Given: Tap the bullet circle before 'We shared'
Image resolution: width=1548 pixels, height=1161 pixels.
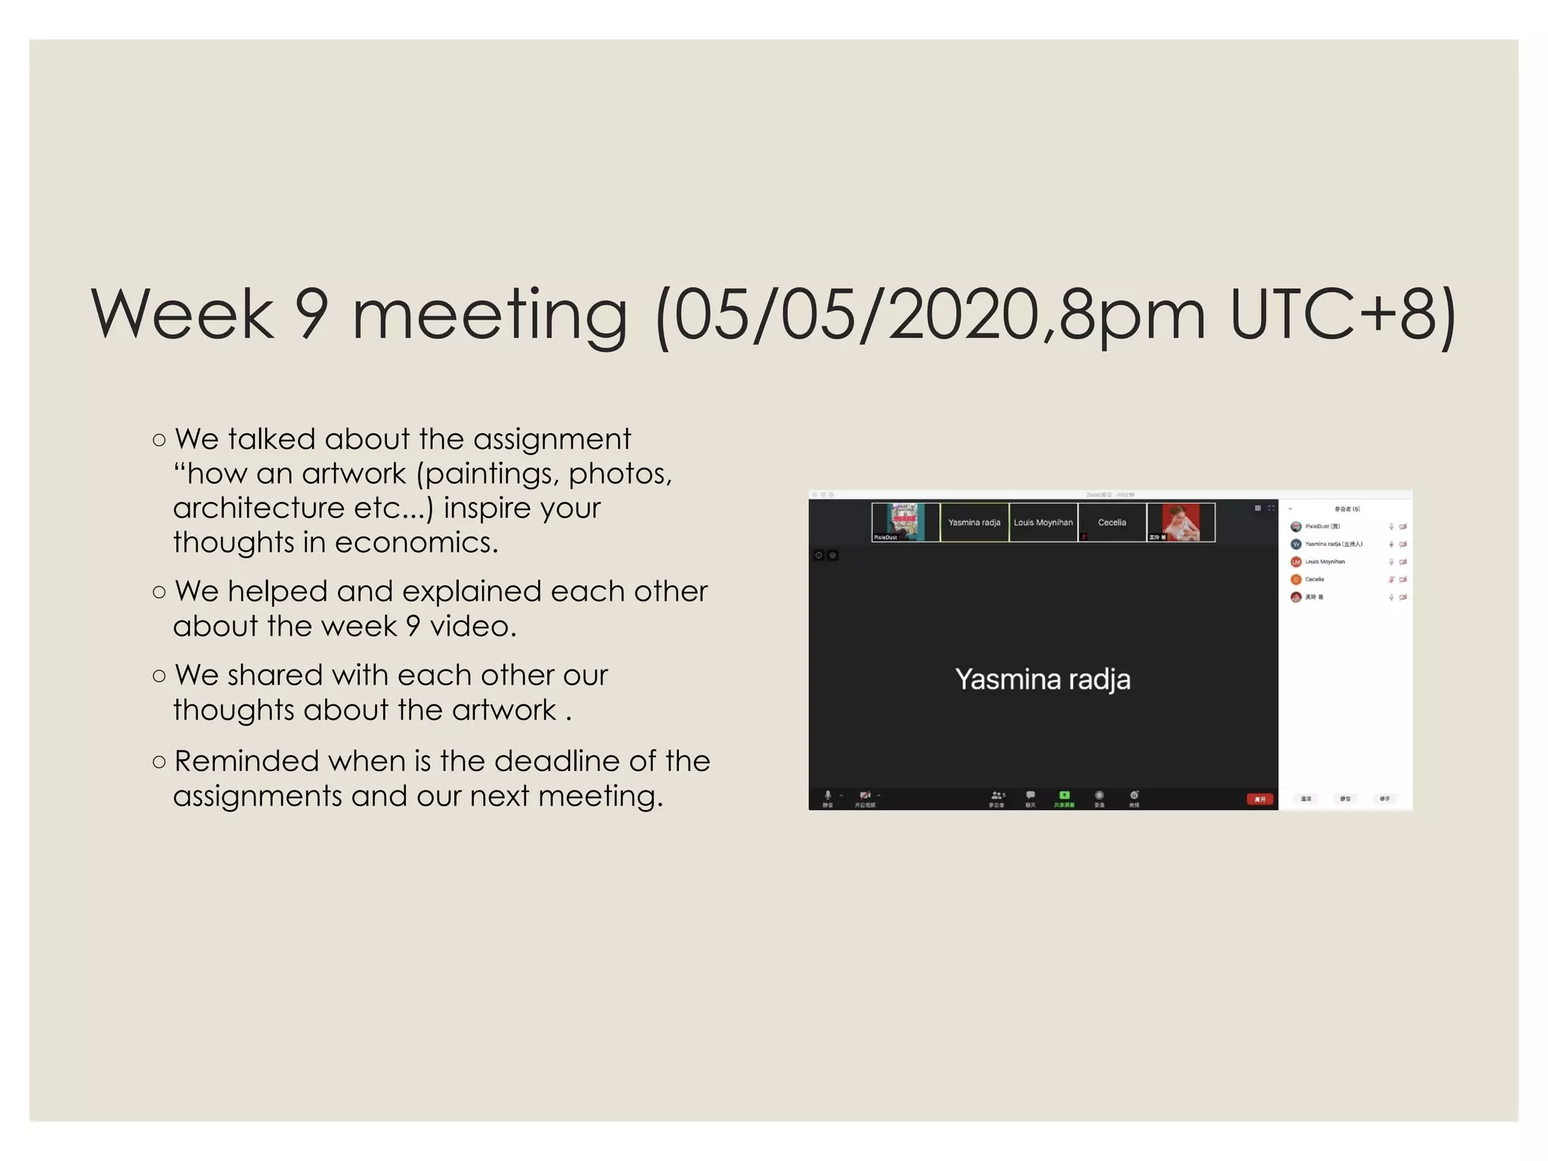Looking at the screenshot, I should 159,676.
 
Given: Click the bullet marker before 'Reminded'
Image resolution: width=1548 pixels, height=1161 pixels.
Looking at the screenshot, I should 159,762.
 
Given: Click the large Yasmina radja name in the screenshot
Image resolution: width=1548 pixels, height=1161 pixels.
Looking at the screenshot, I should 1042,680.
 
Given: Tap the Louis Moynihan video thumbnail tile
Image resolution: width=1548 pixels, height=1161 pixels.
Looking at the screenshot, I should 1043,522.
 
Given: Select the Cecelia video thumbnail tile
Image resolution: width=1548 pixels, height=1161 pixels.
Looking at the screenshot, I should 1112,522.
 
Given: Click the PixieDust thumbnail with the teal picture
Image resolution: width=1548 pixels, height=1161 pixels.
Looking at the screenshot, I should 905,522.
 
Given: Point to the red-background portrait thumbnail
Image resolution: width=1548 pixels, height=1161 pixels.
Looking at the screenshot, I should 1181,522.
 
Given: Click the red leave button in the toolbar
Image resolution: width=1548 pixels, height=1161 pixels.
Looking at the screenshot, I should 1259,799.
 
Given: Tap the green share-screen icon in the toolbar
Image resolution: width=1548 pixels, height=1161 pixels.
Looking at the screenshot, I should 1064,795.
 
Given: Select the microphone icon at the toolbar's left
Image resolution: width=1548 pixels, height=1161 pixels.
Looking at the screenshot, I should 828,795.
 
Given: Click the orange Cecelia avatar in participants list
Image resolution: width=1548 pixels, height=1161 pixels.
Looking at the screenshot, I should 1296,580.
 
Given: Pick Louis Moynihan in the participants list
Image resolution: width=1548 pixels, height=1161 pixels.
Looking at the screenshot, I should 1324,562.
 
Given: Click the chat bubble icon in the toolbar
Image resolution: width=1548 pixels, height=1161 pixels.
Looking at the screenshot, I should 1030,795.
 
